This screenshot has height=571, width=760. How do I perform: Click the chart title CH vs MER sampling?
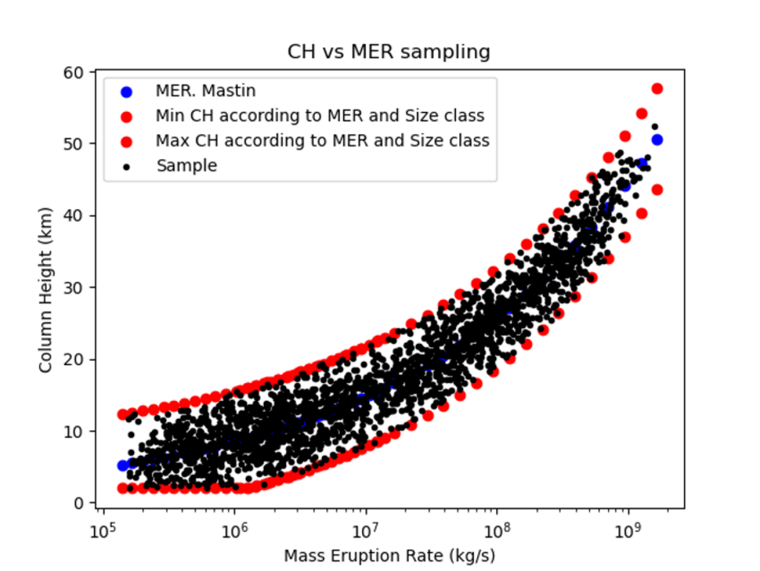pos(389,52)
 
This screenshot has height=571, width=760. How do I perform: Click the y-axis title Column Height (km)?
pos(47,288)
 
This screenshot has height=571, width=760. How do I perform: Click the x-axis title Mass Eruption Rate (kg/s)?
pos(389,555)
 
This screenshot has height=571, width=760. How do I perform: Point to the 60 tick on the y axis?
pos(76,72)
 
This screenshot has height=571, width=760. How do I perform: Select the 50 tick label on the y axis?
pos(76,144)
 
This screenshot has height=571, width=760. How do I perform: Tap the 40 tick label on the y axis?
pos(76,216)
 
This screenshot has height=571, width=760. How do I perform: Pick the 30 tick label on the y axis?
pos(76,288)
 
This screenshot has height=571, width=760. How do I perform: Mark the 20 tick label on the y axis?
pos(76,359)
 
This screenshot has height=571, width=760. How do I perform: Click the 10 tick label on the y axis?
pos(76,431)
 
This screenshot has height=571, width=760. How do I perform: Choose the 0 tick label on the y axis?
pos(80,503)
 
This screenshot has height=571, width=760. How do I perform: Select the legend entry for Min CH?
pos(320,115)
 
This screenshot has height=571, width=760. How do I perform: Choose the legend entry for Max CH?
pos(322,141)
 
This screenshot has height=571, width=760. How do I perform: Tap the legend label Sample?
pos(187,166)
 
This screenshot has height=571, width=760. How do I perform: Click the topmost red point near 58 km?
pos(657,88)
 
